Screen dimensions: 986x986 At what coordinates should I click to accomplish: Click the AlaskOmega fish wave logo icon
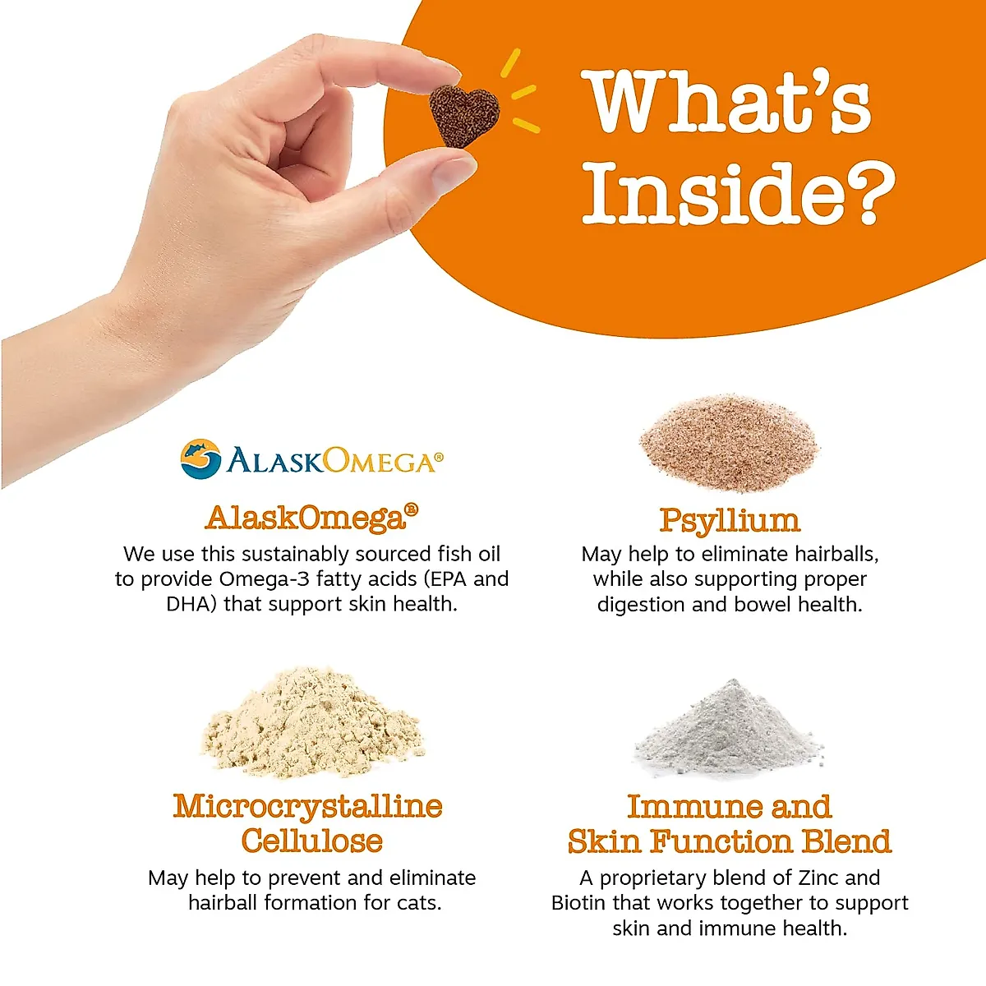[x=201, y=459]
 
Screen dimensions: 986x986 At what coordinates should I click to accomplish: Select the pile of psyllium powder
[x=729, y=443]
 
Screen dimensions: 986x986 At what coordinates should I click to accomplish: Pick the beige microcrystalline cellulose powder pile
[x=313, y=722]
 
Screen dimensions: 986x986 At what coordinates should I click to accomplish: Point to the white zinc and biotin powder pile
[x=729, y=728]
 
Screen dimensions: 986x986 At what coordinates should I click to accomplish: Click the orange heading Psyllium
[x=730, y=520]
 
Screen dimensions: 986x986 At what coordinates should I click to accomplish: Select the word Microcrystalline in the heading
[x=307, y=807]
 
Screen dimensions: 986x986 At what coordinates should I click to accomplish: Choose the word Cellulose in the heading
[x=312, y=841]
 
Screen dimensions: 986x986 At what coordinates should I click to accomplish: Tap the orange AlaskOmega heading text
[x=311, y=518]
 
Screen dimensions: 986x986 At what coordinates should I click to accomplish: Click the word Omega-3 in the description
[x=264, y=578]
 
